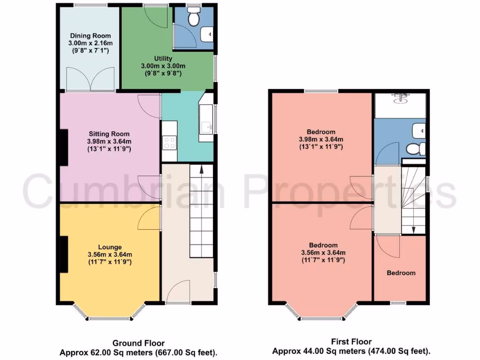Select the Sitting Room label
tap(109, 134)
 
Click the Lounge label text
tap(110, 247)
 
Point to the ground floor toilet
tap(193, 17)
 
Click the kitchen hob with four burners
tap(169, 142)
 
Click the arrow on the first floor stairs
tap(413, 228)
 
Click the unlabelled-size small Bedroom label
tap(401, 273)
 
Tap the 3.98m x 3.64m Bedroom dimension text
tap(321, 139)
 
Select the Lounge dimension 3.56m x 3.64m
tap(110, 255)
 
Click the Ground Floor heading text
tap(138, 343)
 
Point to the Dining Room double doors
tap(90, 78)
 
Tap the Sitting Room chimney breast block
tap(63, 147)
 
